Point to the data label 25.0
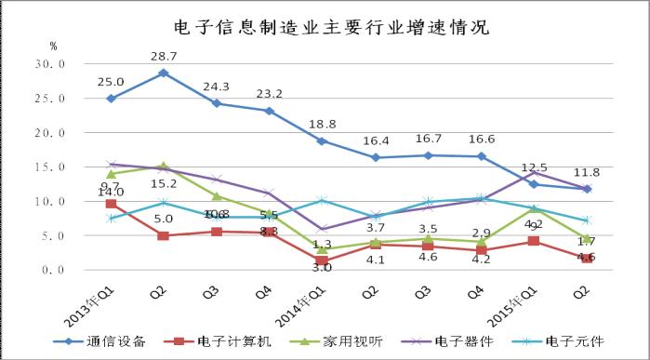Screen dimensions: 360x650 tap(112, 82)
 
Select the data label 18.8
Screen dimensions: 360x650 tap(322, 125)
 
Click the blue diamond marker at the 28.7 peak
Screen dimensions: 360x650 tap(164, 73)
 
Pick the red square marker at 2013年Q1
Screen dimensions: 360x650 tap(112, 204)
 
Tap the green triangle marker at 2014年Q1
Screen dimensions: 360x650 tap(322, 249)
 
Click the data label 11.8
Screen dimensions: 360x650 tap(585, 173)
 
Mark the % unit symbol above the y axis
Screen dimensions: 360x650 tap(53, 45)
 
